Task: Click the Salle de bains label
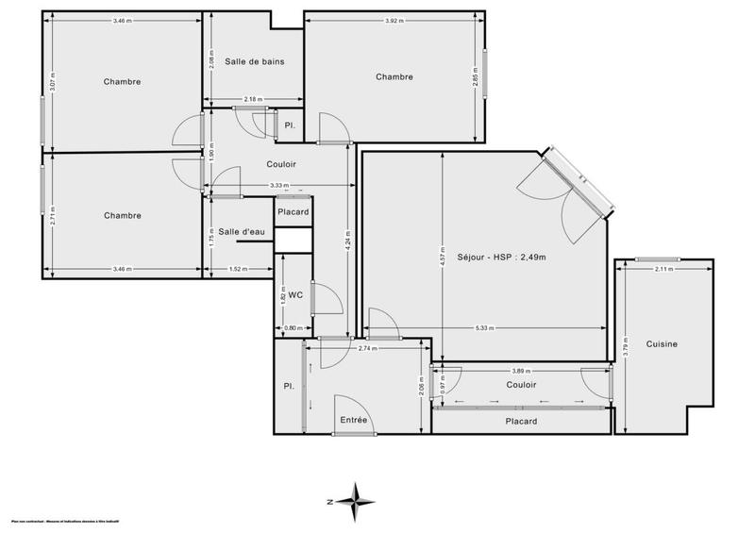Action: point(254,62)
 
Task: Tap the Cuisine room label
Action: point(662,344)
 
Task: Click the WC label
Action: point(295,294)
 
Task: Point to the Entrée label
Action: point(353,421)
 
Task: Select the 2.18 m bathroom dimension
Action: point(252,99)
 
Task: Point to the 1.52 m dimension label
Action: point(239,269)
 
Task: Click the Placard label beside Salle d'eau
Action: point(294,212)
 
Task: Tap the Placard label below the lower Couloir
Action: point(521,421)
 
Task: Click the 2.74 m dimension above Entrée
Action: point(367,348)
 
